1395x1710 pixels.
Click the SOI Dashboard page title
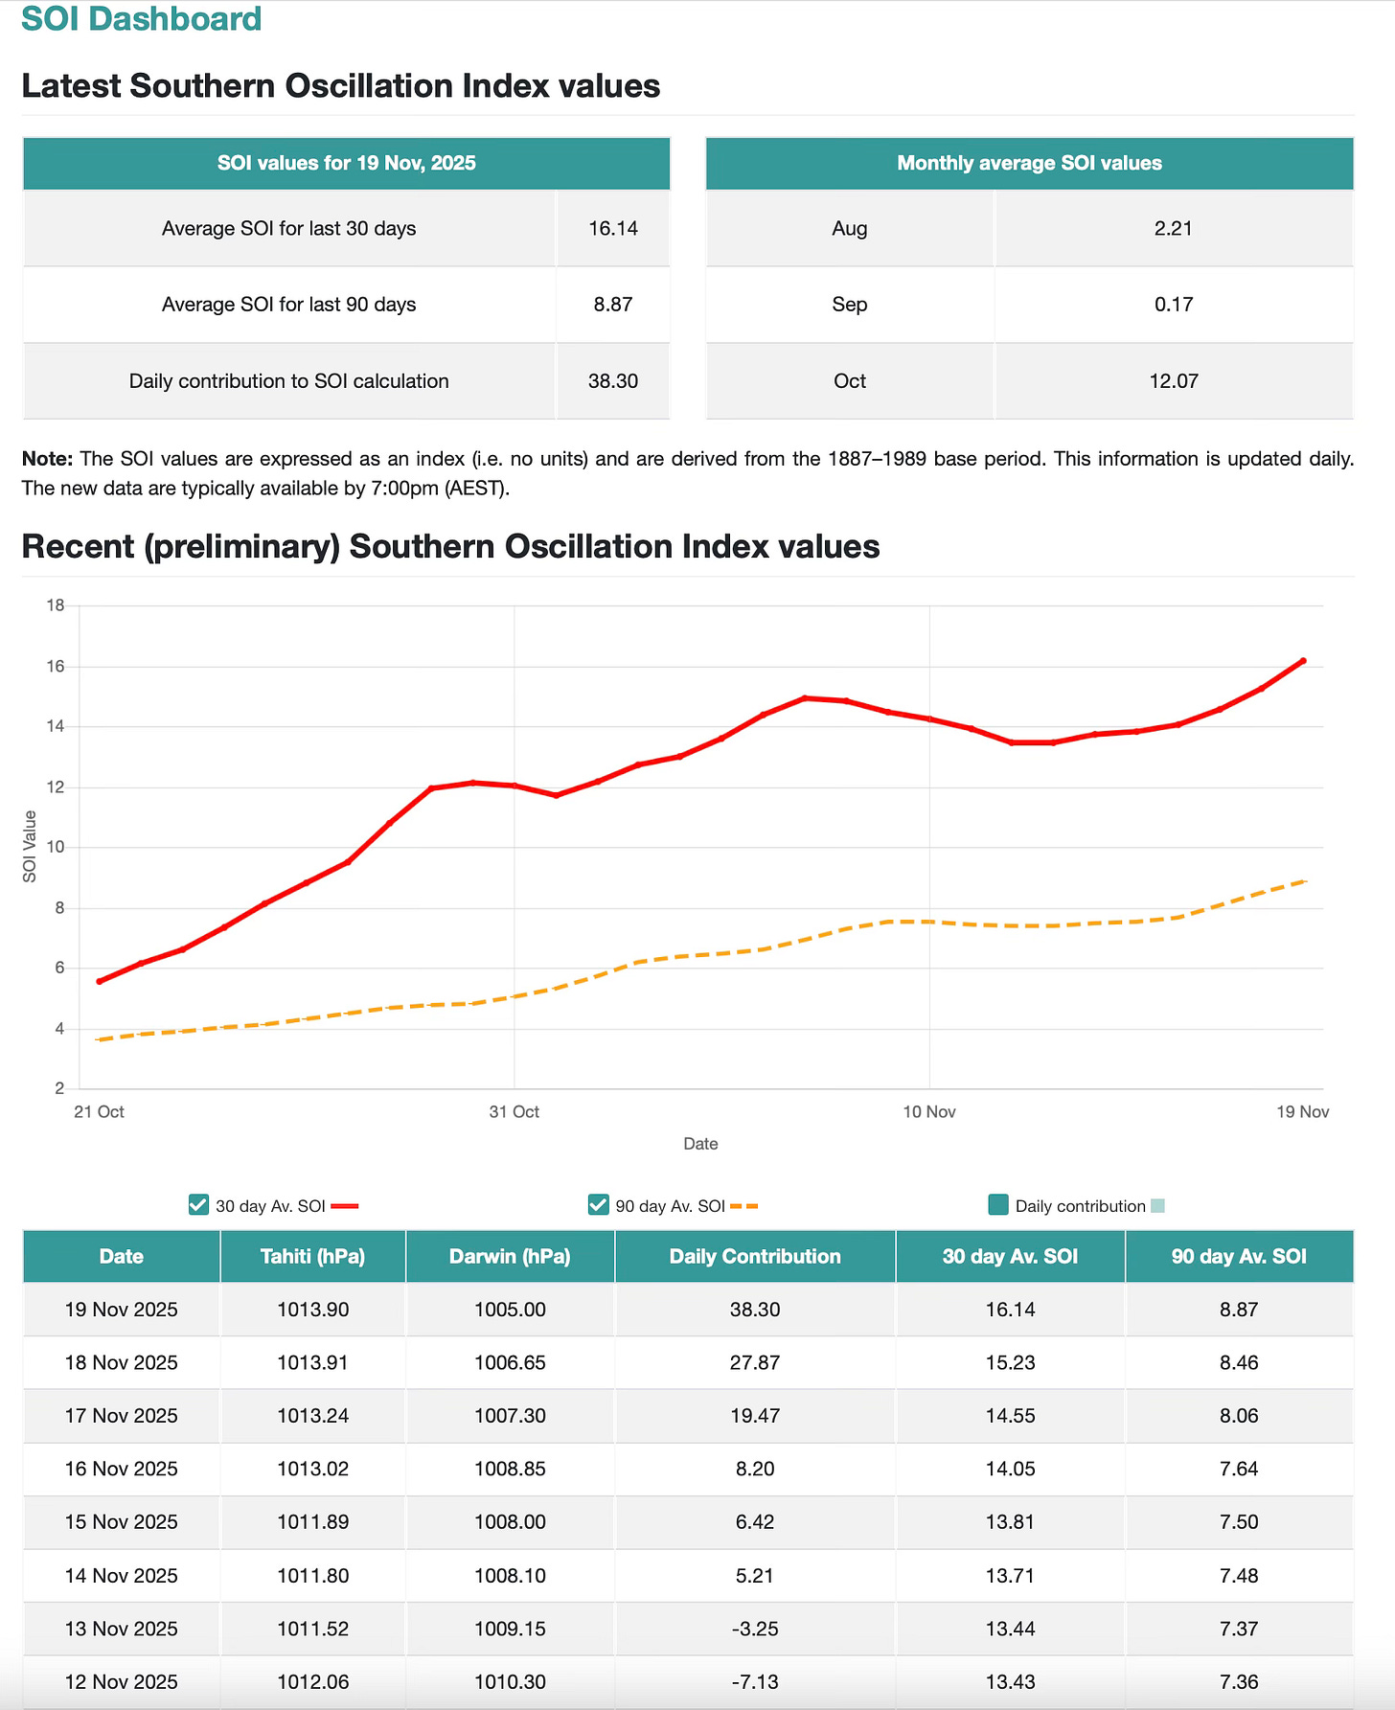tap(142, 19)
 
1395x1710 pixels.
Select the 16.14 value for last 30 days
tap(613, 228)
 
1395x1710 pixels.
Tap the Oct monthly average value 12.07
tap(1174, 381)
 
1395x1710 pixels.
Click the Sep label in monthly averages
tap(850, 305)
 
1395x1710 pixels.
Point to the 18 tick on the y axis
tap(56, 605)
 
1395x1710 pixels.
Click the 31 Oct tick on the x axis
tap(515, 1111)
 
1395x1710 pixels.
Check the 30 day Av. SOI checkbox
tap(198, 1205)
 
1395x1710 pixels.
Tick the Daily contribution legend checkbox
tap(997, 1205)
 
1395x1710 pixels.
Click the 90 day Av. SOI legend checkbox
tap(598, 1205)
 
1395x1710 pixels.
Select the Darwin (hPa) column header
tap(510, 1256)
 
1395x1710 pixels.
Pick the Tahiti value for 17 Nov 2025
tap(313, 1416)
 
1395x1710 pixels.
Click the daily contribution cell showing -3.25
tap(755, 1629)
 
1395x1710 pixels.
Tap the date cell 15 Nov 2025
tap(122, 1522)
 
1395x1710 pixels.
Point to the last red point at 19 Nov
tap(1303, 661)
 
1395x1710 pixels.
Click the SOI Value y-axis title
tap(30, 847)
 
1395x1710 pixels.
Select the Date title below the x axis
tap(700, 1144)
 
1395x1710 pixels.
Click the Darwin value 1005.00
tap(510, 1310)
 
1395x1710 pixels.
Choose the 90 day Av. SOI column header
tap(1239, 1256)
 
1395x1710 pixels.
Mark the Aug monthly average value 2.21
tap(1174, 228)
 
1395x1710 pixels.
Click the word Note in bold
tap(47, 459)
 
